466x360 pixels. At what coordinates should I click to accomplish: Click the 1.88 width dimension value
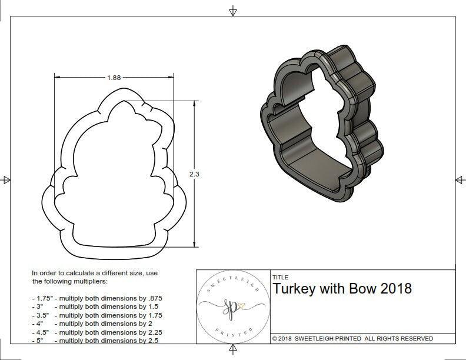tap(115, 77)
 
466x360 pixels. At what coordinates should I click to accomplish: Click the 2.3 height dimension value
tap(194, 174)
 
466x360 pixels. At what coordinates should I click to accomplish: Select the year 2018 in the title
tap(396, 289)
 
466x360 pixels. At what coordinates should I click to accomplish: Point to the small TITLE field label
tap(280, 276)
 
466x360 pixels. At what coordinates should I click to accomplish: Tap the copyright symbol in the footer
tap(275, 338)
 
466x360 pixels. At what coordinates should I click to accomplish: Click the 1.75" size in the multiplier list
tap(42, 298)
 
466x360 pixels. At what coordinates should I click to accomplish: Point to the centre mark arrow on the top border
tap(233, 11)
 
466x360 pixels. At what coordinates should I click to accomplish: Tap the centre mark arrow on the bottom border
tap(234, 351)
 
